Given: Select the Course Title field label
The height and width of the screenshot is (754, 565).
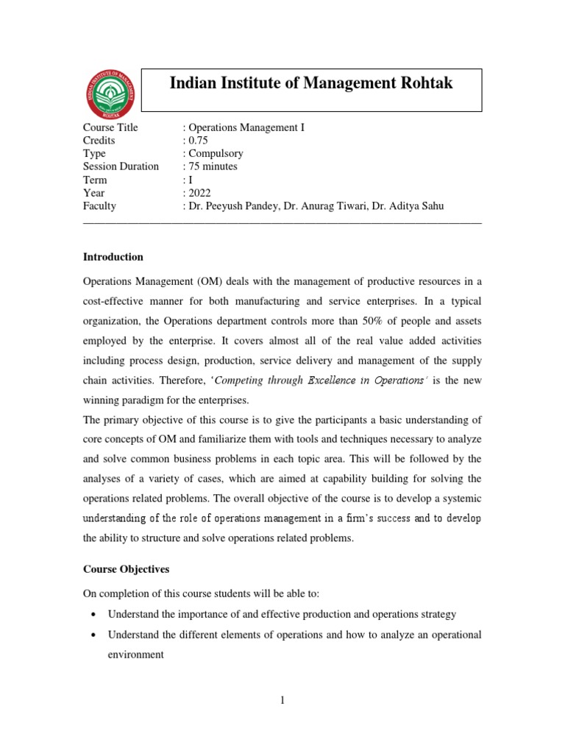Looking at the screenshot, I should coord(110,127).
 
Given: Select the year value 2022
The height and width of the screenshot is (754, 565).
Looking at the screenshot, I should coord(199,193).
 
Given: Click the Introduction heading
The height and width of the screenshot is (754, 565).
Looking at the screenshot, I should coord(113,257).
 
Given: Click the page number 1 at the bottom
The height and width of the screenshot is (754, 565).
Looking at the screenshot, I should coord(282,700).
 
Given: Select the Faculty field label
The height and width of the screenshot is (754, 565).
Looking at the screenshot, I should coord(99,206).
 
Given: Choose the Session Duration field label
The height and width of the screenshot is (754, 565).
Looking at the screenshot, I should coord(121,166).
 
